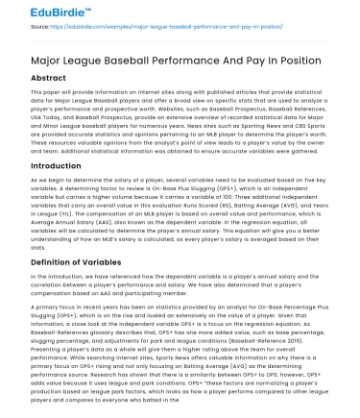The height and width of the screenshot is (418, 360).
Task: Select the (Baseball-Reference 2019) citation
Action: [x=293, y=324]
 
